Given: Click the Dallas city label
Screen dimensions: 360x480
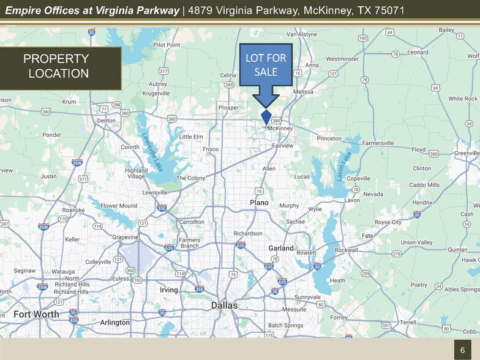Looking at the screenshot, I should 224,305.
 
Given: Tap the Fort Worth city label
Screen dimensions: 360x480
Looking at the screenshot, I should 37,315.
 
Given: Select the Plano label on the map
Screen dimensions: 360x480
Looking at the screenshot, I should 258,202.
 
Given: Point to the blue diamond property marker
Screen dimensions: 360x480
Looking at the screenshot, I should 266,117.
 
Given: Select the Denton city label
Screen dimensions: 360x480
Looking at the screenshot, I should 107,121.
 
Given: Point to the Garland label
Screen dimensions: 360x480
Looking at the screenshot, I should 281,248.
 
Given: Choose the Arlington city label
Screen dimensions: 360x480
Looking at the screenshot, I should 114,323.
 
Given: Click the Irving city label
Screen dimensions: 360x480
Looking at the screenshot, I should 168,290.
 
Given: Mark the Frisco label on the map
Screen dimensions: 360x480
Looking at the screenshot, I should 211,149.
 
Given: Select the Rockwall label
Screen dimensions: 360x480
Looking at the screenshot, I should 346,250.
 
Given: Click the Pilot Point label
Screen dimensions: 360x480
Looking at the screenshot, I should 167,45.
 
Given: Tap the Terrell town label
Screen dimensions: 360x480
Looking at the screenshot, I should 408,322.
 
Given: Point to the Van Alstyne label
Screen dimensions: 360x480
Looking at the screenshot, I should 302,34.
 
